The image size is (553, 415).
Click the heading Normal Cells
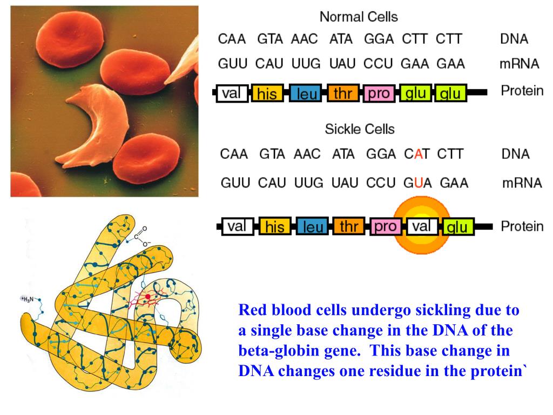click(359, 17)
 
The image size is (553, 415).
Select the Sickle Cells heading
click(359, 130)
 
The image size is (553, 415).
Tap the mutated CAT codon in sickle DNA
click(417, 154)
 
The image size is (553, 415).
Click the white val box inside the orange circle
click(421, 226)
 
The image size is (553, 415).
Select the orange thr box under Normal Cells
click(342, 93)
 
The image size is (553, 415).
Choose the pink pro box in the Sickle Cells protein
click(385, 226)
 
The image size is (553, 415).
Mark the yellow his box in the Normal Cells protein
click(267, 94)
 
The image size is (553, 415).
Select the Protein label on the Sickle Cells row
click(522, 226)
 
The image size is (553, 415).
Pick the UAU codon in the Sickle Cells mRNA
click(344, 183)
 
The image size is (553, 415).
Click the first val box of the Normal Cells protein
click(231, 93)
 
